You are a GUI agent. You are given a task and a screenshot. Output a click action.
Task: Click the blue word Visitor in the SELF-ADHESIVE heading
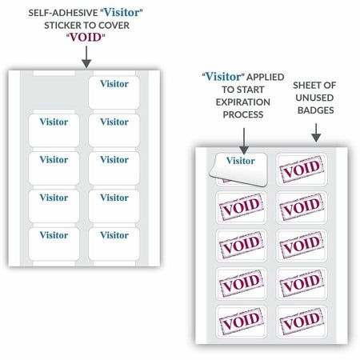point(122,13)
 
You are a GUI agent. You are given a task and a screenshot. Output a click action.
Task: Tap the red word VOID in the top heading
point(86,38)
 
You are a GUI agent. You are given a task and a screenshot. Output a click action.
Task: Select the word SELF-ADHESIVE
point(63,13)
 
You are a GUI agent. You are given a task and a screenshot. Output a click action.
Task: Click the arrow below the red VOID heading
point(86,57)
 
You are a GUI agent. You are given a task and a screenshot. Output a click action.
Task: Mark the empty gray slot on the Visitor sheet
point(54,93)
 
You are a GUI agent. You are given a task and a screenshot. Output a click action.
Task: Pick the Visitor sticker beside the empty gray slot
point(114,93)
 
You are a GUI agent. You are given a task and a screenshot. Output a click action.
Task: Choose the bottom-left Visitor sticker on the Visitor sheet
point(54,244)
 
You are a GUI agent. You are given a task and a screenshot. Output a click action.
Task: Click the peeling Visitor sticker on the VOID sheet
point(238,169)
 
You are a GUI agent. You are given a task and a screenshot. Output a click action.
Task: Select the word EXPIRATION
point(243,102)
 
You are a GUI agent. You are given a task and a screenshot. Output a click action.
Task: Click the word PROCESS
point(243,114)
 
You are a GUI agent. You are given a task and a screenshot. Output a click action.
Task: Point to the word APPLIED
point(266,77)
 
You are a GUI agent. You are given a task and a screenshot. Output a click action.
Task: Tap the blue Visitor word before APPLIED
point(223,77)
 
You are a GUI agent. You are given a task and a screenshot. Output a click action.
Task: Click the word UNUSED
point(314,98)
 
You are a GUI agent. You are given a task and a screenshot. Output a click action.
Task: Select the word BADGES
point(316,110)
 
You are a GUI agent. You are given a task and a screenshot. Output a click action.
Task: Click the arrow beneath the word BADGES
point(316,133)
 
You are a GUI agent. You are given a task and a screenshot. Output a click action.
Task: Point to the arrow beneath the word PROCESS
point(244,141)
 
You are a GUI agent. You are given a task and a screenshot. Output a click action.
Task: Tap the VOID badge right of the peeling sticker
point(302,169)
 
